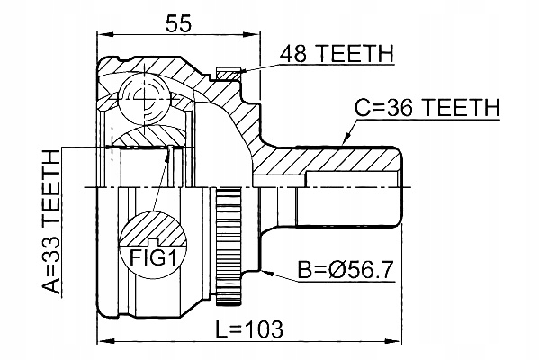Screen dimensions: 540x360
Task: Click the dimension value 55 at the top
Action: pos(178,23)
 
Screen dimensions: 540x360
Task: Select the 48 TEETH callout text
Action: pos(337,54)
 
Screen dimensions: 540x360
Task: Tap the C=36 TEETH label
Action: pos(427,107)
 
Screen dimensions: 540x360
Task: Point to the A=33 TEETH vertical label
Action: pos(51,223)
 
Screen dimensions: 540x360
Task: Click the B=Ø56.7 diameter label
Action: pos(346,270)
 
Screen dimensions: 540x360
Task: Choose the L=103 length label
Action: pos(248,329)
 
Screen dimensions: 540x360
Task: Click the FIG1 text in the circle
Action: pos(153,257)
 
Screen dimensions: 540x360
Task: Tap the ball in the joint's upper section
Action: pos(145,99)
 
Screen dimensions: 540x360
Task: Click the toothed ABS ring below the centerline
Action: pos(229,247)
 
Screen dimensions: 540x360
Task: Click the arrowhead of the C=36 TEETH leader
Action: pos(346,140)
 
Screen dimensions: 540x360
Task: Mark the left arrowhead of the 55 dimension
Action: pos(105,34)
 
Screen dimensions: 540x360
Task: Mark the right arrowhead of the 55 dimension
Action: pos(252,34)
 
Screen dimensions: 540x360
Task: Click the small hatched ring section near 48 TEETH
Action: pos(228,74)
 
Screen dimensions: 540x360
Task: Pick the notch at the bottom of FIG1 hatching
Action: pos(153,242)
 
